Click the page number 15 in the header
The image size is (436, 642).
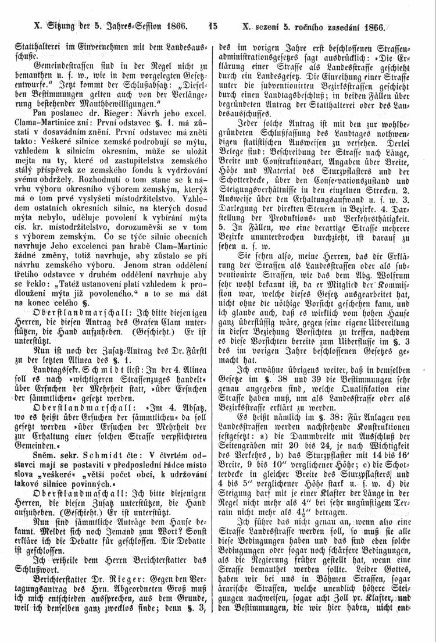click(x=212, y=26)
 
